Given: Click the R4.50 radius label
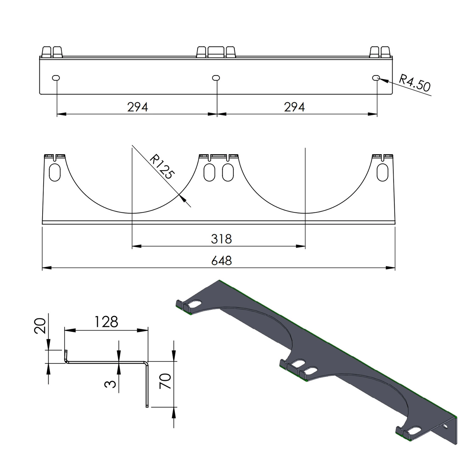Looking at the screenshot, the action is click(415, 83).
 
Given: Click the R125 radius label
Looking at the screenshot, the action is click(161, 166).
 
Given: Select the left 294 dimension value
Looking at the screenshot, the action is click(138, 107).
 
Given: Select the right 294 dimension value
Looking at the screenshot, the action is click(294, 107).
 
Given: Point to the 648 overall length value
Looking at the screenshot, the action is click(222, 261).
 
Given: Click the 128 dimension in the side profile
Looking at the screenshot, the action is click(106, 322).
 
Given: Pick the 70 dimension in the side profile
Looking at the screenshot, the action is click(165, 381).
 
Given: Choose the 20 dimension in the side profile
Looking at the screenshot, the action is click(40, 326).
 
